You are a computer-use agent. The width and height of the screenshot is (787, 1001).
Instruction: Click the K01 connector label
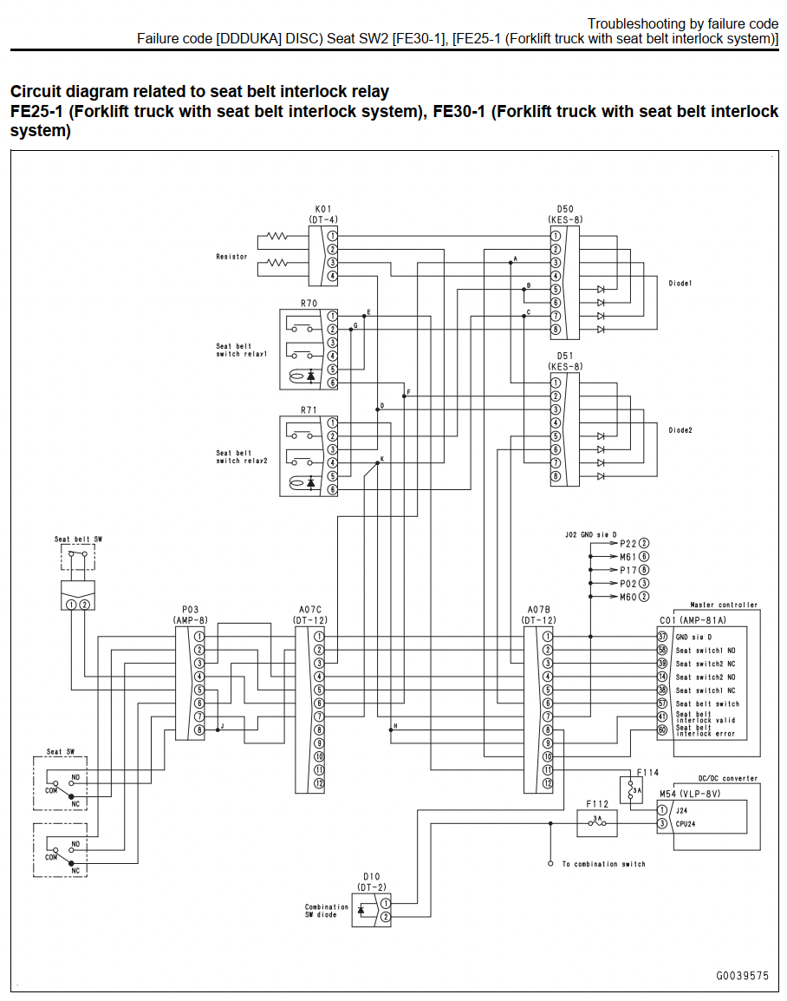[x=322, y=209]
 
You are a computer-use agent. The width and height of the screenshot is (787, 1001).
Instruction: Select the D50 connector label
[x=565, y=209]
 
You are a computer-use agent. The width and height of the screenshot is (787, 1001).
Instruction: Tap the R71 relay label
[x=309, y=409]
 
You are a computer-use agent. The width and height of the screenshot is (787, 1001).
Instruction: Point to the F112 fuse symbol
[x=597, y=823]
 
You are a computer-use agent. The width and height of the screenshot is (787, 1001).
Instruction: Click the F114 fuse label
[x=647, y=773]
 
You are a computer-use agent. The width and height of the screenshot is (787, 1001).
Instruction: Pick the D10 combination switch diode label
[x=371, y=876]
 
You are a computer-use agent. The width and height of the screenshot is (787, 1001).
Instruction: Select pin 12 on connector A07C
[x=319, y=783]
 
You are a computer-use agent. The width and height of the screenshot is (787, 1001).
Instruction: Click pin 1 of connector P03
[x=199, y=637]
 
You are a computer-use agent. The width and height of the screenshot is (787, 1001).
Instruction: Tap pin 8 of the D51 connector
[x=556, y=476]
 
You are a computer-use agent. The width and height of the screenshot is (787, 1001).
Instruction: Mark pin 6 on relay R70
[x=332, y=383]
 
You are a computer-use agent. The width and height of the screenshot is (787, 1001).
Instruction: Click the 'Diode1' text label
[x=680, y=284]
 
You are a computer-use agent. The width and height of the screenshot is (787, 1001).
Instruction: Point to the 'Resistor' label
[x=231, y=257]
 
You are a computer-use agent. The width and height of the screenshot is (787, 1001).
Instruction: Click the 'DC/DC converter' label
[x=728, y=778]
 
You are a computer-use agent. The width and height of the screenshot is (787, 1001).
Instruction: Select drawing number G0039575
[x=742, y=976]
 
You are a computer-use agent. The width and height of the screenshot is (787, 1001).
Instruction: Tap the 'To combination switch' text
[x=603, y=864]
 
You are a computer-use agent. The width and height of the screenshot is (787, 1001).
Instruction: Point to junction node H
[x=390, y=729]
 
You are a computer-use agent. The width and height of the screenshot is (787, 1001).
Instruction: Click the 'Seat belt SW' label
[x=78, y=540]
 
